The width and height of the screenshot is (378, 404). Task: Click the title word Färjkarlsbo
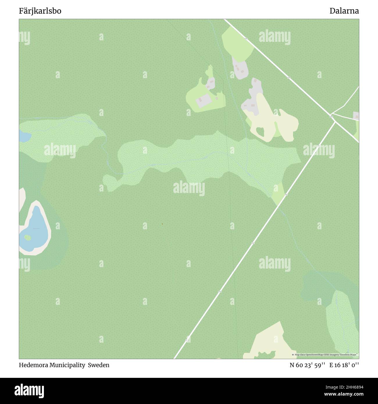click(40, 11)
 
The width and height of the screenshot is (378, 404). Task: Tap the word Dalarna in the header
click(344, 11)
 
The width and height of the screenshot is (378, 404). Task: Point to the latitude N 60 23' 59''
click(307, 365)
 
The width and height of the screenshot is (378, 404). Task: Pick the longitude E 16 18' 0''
click(344, 365)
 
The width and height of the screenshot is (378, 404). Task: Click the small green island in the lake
click(27, 238)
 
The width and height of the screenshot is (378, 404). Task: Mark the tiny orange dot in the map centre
click(162, 224)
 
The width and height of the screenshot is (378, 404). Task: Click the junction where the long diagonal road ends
click(335, 122)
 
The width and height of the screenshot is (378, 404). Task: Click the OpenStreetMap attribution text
click(325, 355)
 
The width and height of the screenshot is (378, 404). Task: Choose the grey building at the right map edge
click(356, 116)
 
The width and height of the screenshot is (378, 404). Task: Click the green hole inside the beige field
click(260, 132)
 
